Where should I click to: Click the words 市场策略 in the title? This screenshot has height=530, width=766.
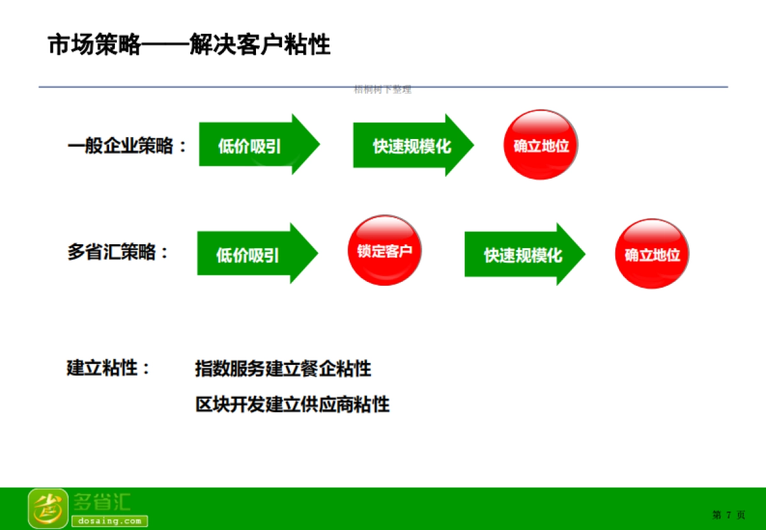click(x=94, y=45)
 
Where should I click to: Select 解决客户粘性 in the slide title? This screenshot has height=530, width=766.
click(x=260, y=45)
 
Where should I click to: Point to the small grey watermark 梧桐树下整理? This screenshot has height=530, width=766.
click(x=382, y=90)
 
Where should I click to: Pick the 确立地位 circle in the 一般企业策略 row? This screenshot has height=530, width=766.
click(x=541, y=145)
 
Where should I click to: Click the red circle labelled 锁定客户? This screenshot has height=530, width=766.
click(x=384, y=251)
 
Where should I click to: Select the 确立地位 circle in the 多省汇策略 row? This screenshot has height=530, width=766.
click(x=652, y=255)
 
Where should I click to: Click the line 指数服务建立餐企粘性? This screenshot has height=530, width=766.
click(x=283, y=369)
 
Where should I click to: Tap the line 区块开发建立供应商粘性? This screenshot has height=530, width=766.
click(x=292, y=404)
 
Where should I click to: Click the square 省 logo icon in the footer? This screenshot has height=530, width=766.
click(x=47, y=508)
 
